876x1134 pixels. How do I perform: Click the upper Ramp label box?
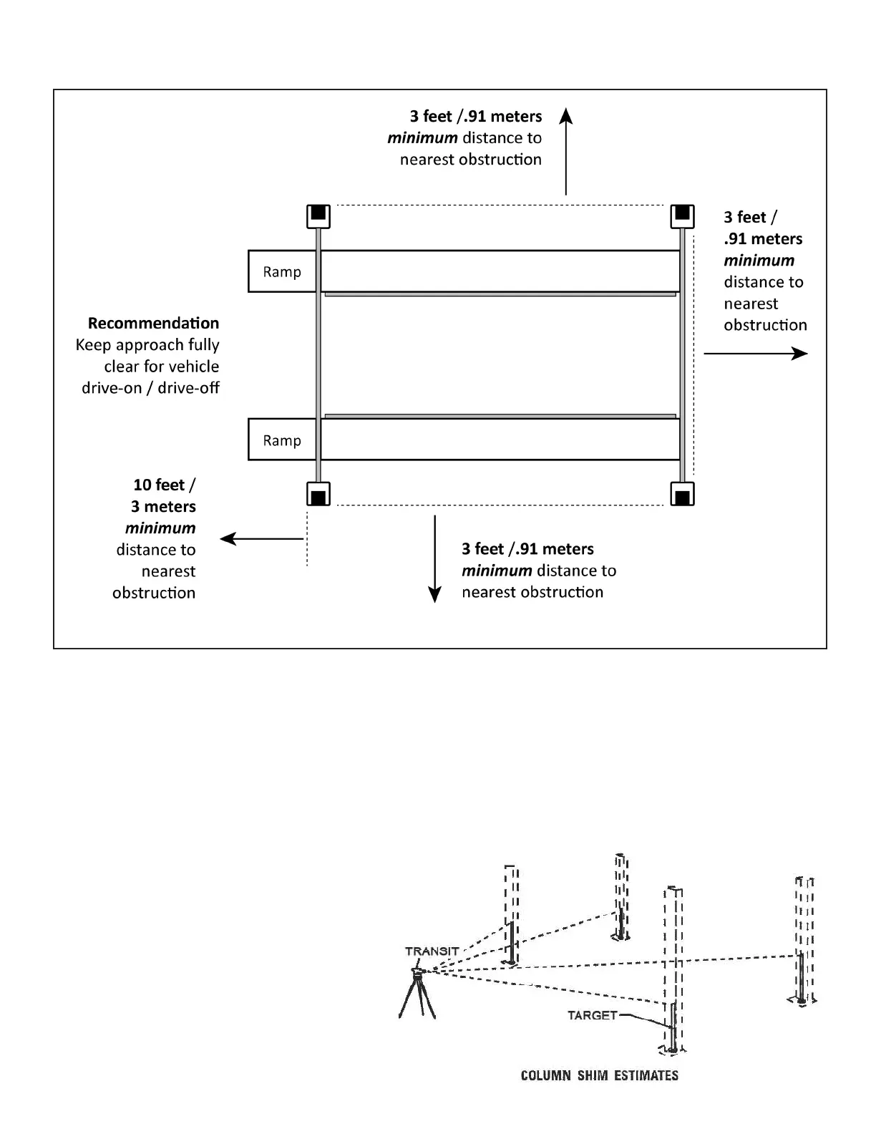(x=282, y=271)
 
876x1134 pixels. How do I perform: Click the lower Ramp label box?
(x=282, y=440)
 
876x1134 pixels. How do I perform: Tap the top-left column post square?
(x=318, y=215)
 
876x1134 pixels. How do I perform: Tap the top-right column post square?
(x=682, y=215)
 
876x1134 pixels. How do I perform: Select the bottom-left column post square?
(x=318, y=494)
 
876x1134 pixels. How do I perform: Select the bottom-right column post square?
(x=682, y=494)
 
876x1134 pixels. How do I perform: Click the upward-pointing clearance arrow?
(x=566, y=151)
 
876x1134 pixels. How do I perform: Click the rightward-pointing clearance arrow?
(x=756, y=353)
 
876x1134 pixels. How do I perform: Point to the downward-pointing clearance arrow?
(x=434, y=558)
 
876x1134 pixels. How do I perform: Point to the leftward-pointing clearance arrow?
(x=262, y=539)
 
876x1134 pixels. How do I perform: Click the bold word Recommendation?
(x=153, y=323)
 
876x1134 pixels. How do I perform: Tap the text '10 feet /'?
(x=164, y=485)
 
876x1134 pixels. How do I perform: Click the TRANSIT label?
(x=432, y=951)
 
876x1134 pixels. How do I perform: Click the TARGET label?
(x=592, y=1015)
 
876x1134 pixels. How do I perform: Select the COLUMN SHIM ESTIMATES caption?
(x=599, y=1075)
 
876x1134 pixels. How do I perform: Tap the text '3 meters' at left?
(x=163, y=506)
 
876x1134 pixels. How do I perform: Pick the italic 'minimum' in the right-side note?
(x=759, y=261)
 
